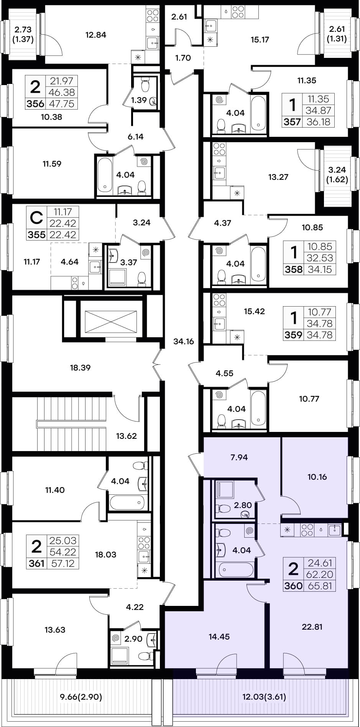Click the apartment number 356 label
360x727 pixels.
[x=35, y=104]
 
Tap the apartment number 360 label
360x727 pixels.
[x=293, y=586]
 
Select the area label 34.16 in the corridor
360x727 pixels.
[x=184, y=341]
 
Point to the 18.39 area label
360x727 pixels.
[x=80, y=368]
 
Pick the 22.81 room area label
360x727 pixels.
[x=312, y=627]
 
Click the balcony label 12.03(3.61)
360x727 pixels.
[x=264, y=697]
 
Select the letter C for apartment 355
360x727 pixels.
[x=36, y=218]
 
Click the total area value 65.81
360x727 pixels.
[x=319, y=586]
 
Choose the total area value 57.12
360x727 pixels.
[x=62, y=563]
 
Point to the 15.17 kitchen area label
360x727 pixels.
[x=260, y=39]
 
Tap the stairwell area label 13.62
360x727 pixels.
[x=126, y=436]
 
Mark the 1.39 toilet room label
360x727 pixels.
[x=139, y=100]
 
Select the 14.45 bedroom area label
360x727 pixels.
[x=219, y=637]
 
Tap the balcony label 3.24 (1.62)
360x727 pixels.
[x=337, y=174]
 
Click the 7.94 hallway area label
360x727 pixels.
[x=239, y=457]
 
